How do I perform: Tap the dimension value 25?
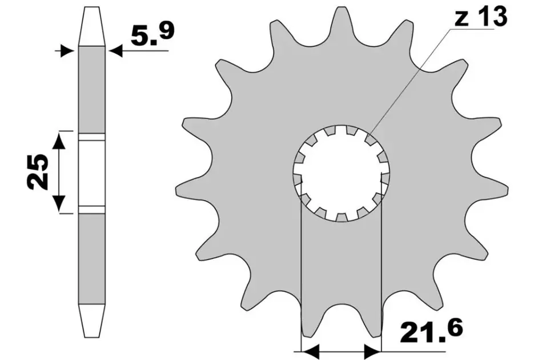pyautogui.click(x=37, y=172)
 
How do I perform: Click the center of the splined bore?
pyautogui.click(x=342, y=173)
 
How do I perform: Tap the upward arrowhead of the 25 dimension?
pyautogui.click(x=59, y=141)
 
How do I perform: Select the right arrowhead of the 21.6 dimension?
pyautogui.click(x=372, y=351)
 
